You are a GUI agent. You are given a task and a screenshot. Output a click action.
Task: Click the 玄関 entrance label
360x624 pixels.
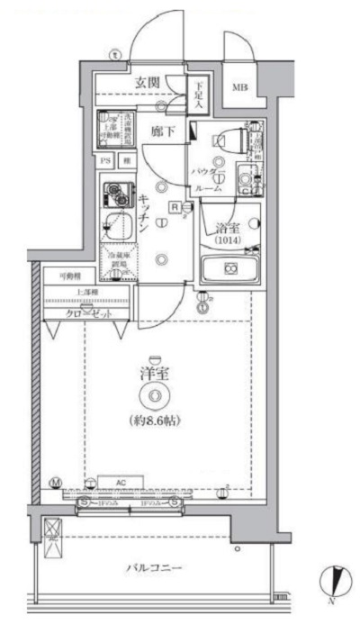point(149,83)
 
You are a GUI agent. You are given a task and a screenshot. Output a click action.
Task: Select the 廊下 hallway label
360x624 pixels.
point(162,131)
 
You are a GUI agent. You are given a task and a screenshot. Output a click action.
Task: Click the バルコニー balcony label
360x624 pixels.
point(154,569)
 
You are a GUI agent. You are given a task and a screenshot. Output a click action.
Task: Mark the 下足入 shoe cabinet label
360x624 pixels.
point(200,94)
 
